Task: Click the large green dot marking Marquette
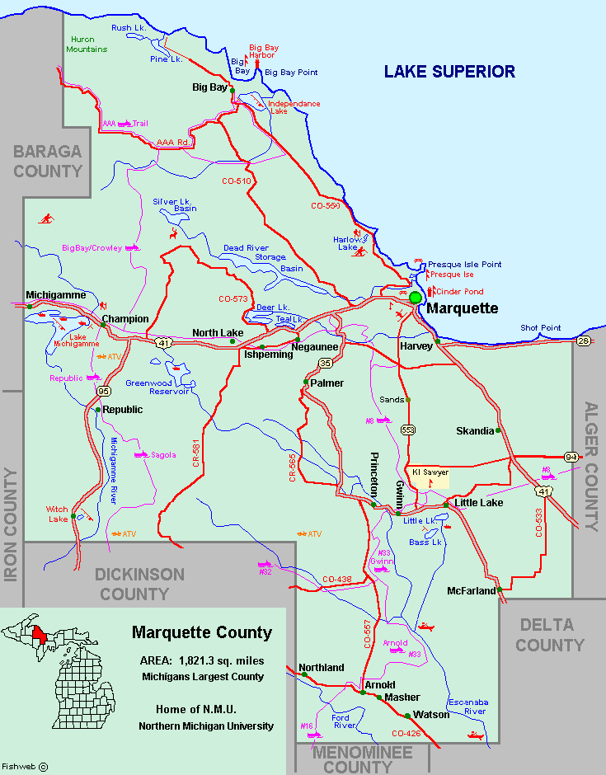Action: [416, 298]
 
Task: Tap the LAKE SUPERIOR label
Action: [449, 72]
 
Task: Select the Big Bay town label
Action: [209, 87]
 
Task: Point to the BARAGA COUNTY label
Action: [48, 162]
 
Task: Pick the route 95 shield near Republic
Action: [102, 391]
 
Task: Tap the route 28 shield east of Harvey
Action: [584, 341]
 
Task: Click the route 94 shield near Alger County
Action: [571, 456]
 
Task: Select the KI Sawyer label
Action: [430, 472]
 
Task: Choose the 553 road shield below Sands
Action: [408, 430]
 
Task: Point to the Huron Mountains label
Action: [88, 44]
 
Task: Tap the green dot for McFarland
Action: [500, 590]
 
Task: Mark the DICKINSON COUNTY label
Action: [139, 584]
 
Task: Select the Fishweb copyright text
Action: [25, 766]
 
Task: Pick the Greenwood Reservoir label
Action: [158, 387]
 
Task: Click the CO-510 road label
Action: [237, 180]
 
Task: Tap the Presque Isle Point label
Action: [464, 264]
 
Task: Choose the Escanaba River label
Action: [467, 707]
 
